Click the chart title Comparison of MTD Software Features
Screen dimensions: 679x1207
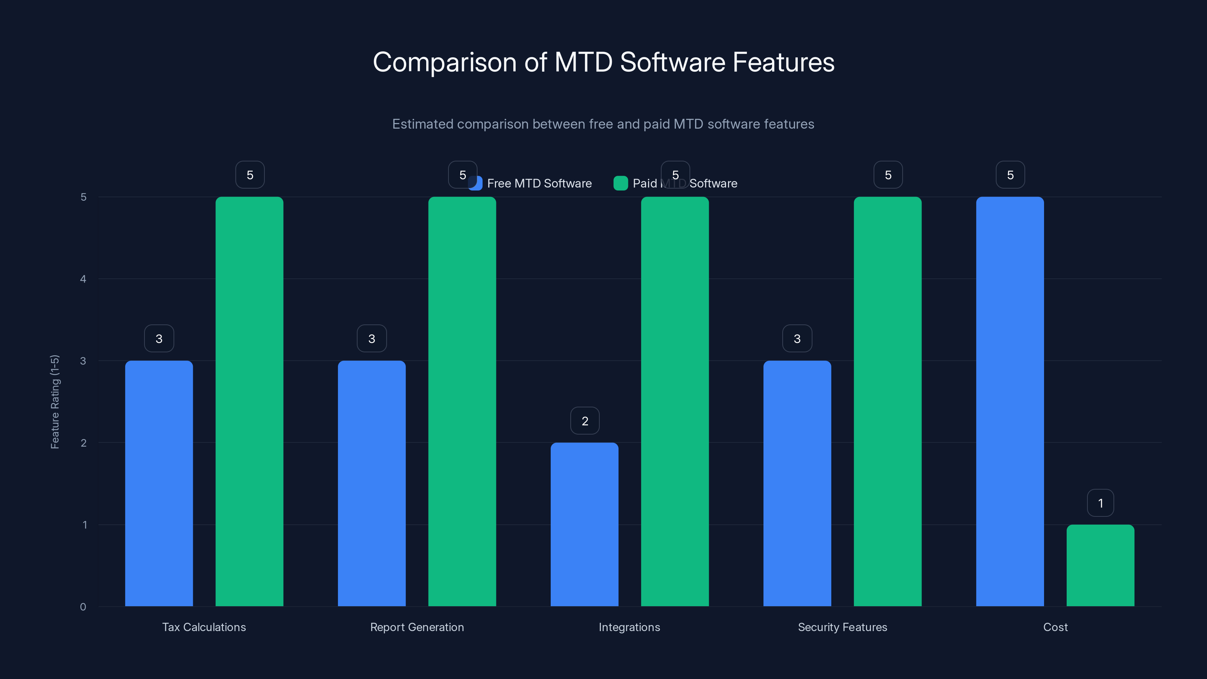click(x=603, y=62)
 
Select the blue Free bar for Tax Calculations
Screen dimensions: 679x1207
click(x=159, y=483)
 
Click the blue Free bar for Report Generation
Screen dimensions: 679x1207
click(x=372, y=483)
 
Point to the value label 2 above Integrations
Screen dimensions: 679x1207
click(x=585, y=421)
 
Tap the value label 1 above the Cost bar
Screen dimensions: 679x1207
click(x=1100, y=503)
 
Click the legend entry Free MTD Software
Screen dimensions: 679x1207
click(x=539, y=183)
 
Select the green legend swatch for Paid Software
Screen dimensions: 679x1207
click(x=620, y=183)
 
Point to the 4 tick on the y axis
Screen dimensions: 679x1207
click(x=83, y=279)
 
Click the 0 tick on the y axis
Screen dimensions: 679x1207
click(x=83, y=607)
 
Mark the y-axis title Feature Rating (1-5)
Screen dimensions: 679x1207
click(x=55, y=402)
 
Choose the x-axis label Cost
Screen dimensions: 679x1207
click(x=1055, y=627)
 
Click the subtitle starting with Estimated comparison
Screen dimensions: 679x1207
click(x=603, y=124)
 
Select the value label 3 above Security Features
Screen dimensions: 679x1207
click(x=797, y=338)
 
